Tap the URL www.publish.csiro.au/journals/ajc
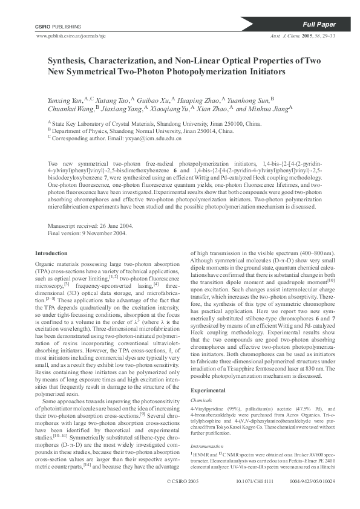76,36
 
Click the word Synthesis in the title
68,61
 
